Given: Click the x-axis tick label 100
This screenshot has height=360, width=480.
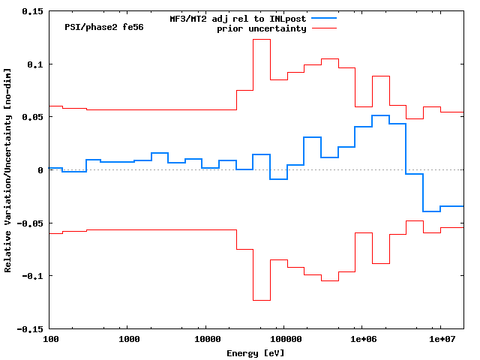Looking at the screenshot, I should [49, 340].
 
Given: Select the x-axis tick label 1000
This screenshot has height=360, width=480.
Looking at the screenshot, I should [129, 340].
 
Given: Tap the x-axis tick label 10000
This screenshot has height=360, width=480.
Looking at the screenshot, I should [207, 340].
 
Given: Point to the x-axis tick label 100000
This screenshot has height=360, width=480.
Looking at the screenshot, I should [286, 340].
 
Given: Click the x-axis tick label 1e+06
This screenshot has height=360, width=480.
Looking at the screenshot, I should [363, 340].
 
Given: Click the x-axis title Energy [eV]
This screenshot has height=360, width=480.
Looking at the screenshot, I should [256, 352].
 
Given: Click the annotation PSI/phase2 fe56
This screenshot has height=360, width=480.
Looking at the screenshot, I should [104, 27].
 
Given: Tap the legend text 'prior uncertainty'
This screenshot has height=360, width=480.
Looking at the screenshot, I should [262, 28].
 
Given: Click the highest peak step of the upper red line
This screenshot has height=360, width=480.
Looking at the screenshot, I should [261, 40].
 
